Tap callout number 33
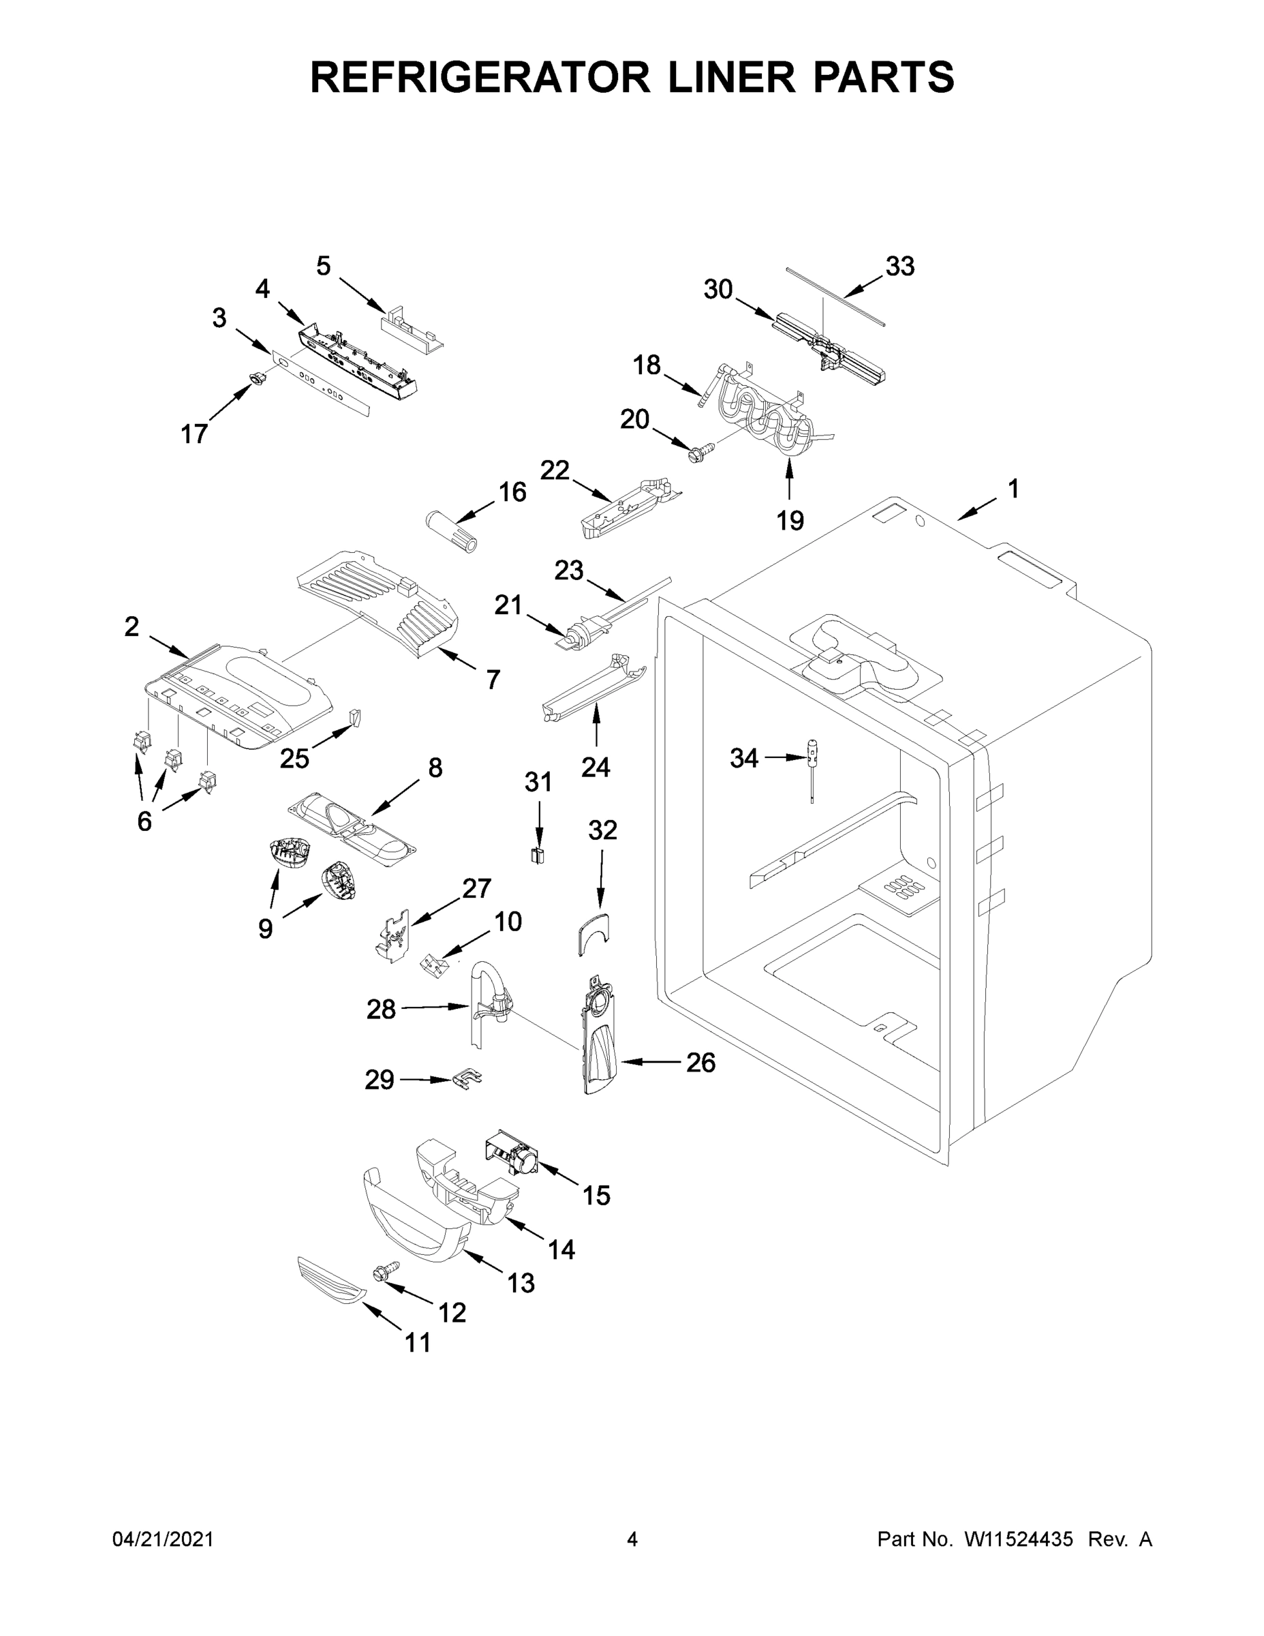tap(899, 267)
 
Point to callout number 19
tap(790, 519)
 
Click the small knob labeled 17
tap(257, 380)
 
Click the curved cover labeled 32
tap(593, 933)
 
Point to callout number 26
tap(700, 1062)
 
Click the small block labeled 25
tap(356, 718)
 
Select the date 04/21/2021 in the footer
tap(162, 1540)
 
